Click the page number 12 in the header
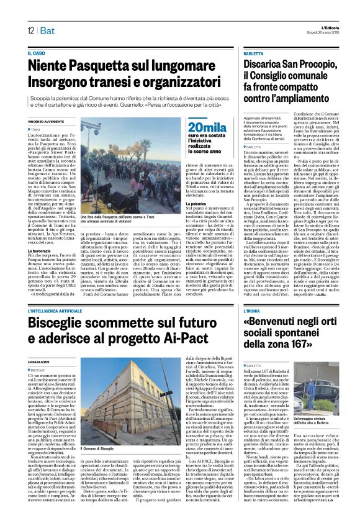tap(30, 30)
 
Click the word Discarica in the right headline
tap(266, 64)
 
